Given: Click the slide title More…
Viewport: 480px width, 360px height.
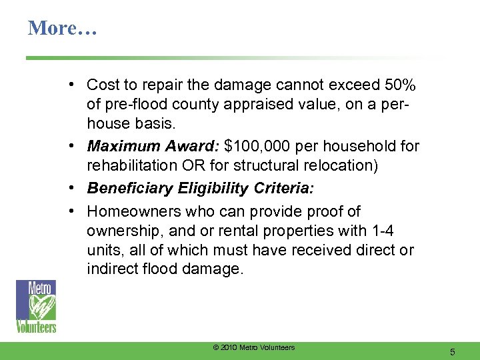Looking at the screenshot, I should pos(62,28).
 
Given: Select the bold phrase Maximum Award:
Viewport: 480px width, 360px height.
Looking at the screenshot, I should pos(155,146).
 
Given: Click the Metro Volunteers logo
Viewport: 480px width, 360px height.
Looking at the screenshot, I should pos(36,306).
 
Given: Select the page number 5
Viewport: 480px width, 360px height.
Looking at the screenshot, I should pos(452,351).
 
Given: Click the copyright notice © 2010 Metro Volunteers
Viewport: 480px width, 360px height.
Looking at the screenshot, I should pos(253,347).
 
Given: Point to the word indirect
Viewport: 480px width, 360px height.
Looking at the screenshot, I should pos(112,270).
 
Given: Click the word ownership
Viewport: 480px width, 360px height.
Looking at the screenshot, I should pos(121,231).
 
